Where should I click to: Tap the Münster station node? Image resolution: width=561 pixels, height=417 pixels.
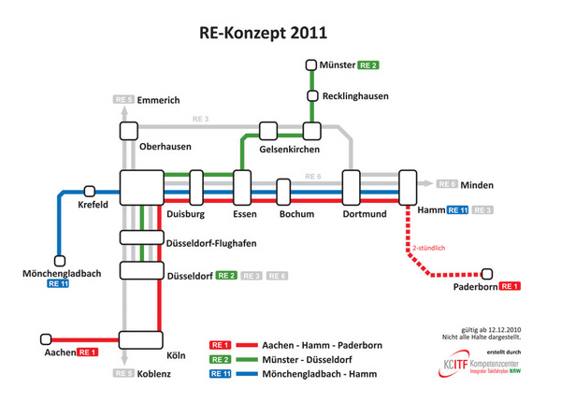click(311, 65)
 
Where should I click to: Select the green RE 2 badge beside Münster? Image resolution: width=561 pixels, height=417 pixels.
click(368, 65)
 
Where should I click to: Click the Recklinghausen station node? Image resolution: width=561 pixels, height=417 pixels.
click(311, 96)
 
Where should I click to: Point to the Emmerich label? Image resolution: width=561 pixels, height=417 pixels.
click(157, 99)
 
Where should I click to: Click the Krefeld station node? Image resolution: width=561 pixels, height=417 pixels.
click(90, 190)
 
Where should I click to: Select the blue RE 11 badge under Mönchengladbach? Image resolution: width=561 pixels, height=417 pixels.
click(58, 283)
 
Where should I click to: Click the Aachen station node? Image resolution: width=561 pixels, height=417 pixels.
click(43, 339)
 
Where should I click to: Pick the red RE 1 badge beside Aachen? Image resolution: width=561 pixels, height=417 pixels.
click(89, 352)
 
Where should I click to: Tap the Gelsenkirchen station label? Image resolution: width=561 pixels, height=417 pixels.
click(290, 150)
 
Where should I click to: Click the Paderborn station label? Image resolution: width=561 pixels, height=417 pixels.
click(474, 287)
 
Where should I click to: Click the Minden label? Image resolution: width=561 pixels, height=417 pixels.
click(476, 184)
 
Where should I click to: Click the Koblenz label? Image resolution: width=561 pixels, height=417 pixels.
click(154, 374)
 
